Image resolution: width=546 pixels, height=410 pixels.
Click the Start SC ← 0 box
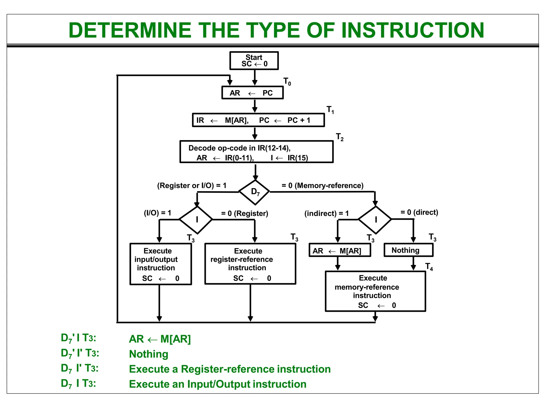coord(254,61)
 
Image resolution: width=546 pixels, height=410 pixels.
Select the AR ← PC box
coord(252,93)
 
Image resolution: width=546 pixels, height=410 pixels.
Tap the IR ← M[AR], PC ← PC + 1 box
coord(258,120)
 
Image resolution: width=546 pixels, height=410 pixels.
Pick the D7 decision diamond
coord(255,192)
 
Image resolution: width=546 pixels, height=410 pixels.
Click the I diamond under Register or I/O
coord(196,219)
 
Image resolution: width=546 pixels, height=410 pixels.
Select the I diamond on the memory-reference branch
coord(375,219)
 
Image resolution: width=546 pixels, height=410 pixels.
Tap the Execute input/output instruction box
coord(160,264)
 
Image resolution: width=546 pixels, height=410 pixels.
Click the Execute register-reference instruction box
coord(250,264)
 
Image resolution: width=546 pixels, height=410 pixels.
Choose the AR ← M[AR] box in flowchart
coord(339,250)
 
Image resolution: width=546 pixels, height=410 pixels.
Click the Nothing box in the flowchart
coord(408,250)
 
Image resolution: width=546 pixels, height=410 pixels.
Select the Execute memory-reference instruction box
coord(375,291)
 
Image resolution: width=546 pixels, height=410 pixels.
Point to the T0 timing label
coord(287,81)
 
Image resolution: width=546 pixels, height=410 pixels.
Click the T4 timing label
coord(429,266)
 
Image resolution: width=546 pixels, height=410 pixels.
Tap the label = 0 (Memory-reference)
coord(322,186)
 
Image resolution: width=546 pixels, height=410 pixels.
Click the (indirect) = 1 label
coord(326,213)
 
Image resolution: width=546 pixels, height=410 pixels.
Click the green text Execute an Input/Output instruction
coord(218,384)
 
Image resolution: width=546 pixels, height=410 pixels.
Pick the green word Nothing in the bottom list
coord(148,354)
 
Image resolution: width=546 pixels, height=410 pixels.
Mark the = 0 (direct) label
coord(419,212)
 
